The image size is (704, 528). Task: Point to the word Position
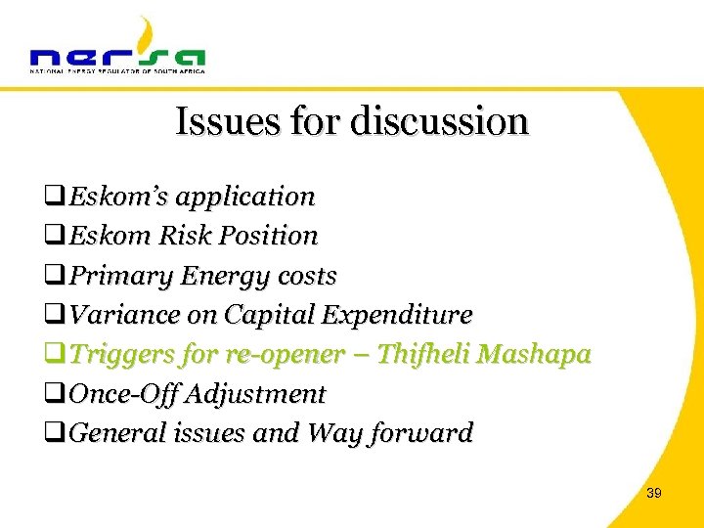(271, 236)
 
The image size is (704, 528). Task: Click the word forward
(424, 433)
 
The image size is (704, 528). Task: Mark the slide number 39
(653, 494)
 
